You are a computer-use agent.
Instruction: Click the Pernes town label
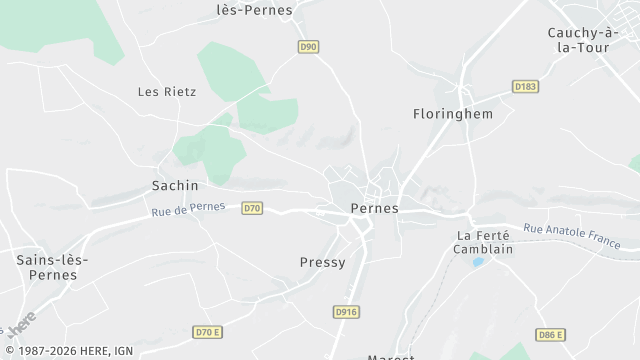(x=375, y=208)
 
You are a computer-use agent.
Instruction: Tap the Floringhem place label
(x=453, y=114)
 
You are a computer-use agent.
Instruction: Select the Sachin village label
(x=175, y=185)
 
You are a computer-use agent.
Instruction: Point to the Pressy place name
(x=322, y=262)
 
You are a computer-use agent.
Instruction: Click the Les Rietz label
(x=167, y=91)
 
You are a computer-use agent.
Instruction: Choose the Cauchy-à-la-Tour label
(x=585, y=39)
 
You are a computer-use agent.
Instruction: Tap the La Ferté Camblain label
(x=484, y=242)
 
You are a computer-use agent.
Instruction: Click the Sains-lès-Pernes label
(x=53, y=266)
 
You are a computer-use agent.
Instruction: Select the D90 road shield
(x=308, y=46)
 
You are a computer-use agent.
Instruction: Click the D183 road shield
(x=526, y=87)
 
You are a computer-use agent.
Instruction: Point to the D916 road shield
(x=346, y=312)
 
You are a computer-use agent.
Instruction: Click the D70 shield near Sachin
(x=252, y=208)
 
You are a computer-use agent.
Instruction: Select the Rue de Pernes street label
(x=190, y=210)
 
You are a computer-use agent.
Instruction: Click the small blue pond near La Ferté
(x=478, y=262)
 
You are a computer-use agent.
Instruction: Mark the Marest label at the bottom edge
(x=390, y=356)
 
